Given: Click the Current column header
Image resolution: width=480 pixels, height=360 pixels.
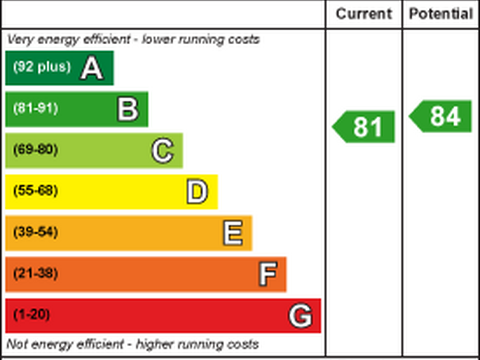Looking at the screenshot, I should click(x=364, y=14).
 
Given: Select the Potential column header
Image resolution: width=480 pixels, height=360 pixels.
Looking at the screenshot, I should click(x=441, y=14).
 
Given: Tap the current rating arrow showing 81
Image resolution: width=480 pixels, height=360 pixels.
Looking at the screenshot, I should click(x=365, y=127).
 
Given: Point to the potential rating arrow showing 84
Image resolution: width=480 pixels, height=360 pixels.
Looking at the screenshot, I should click(x=442, y=116).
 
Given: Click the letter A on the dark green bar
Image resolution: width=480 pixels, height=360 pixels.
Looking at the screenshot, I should click(x=92, y=68).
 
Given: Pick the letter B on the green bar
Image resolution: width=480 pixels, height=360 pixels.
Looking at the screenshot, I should click(x=128, y=109).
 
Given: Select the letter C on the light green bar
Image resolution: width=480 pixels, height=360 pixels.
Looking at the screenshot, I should click(x=162, y=150).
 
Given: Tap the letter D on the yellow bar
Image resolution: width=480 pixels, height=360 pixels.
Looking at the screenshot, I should click(x=197, y=192).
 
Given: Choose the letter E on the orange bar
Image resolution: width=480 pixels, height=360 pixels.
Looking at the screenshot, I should click(x=233, y=234).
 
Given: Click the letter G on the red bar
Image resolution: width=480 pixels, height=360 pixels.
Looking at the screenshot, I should click(x=300, y=316).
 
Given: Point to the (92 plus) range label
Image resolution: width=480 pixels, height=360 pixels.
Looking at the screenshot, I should click(x=42, y=67).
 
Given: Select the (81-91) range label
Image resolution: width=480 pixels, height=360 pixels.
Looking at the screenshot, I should click(x=35, y=109).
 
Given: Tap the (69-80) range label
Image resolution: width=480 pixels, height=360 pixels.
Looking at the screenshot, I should click(x=35, y=150).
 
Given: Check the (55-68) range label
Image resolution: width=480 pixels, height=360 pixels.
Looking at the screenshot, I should click(x=35, y=191).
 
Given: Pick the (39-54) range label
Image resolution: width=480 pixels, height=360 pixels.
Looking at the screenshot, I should click(x=35, y=233).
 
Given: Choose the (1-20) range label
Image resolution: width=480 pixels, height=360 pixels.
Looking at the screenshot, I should click(x=31, y=315).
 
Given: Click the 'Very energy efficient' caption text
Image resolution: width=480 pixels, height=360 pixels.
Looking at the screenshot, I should click(x=133, y=39).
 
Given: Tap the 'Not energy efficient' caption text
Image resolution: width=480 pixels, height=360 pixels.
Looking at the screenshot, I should click(x=133, y=344).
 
